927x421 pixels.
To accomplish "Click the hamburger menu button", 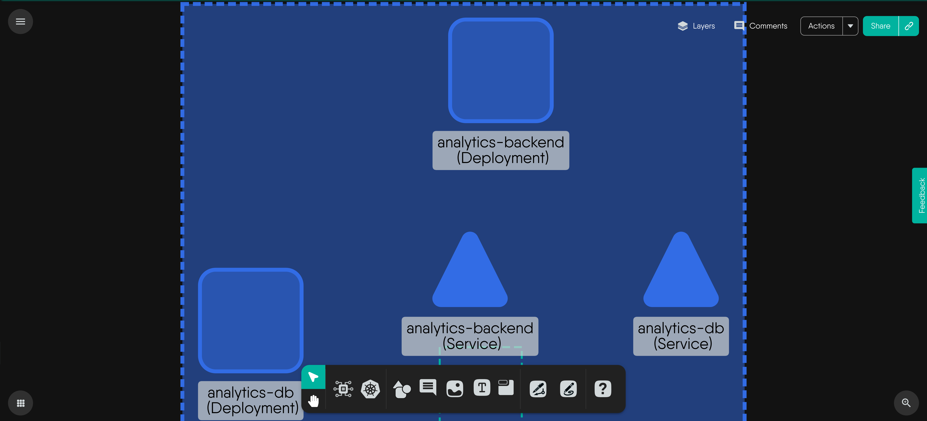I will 21,22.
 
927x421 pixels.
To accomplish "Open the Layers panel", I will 696,26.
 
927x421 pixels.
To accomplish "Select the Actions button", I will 821,26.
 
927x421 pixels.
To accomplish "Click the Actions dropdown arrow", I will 850,26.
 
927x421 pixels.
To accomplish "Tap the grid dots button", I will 21,403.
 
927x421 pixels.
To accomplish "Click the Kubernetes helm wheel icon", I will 370,389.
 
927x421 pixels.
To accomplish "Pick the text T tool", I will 482,388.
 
